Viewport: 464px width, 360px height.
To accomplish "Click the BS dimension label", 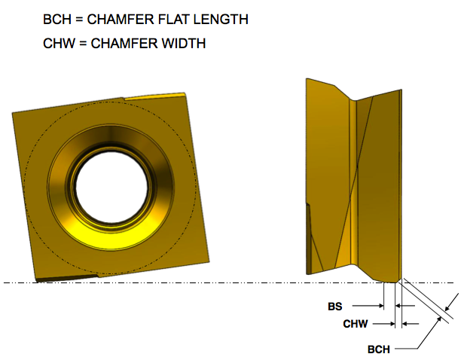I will tap(335, 307).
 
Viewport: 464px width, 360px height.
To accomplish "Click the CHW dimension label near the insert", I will tap(354, 324).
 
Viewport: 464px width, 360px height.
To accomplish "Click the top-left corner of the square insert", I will tap(14, 114).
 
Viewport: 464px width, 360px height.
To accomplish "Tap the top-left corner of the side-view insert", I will tap(307, 79).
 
